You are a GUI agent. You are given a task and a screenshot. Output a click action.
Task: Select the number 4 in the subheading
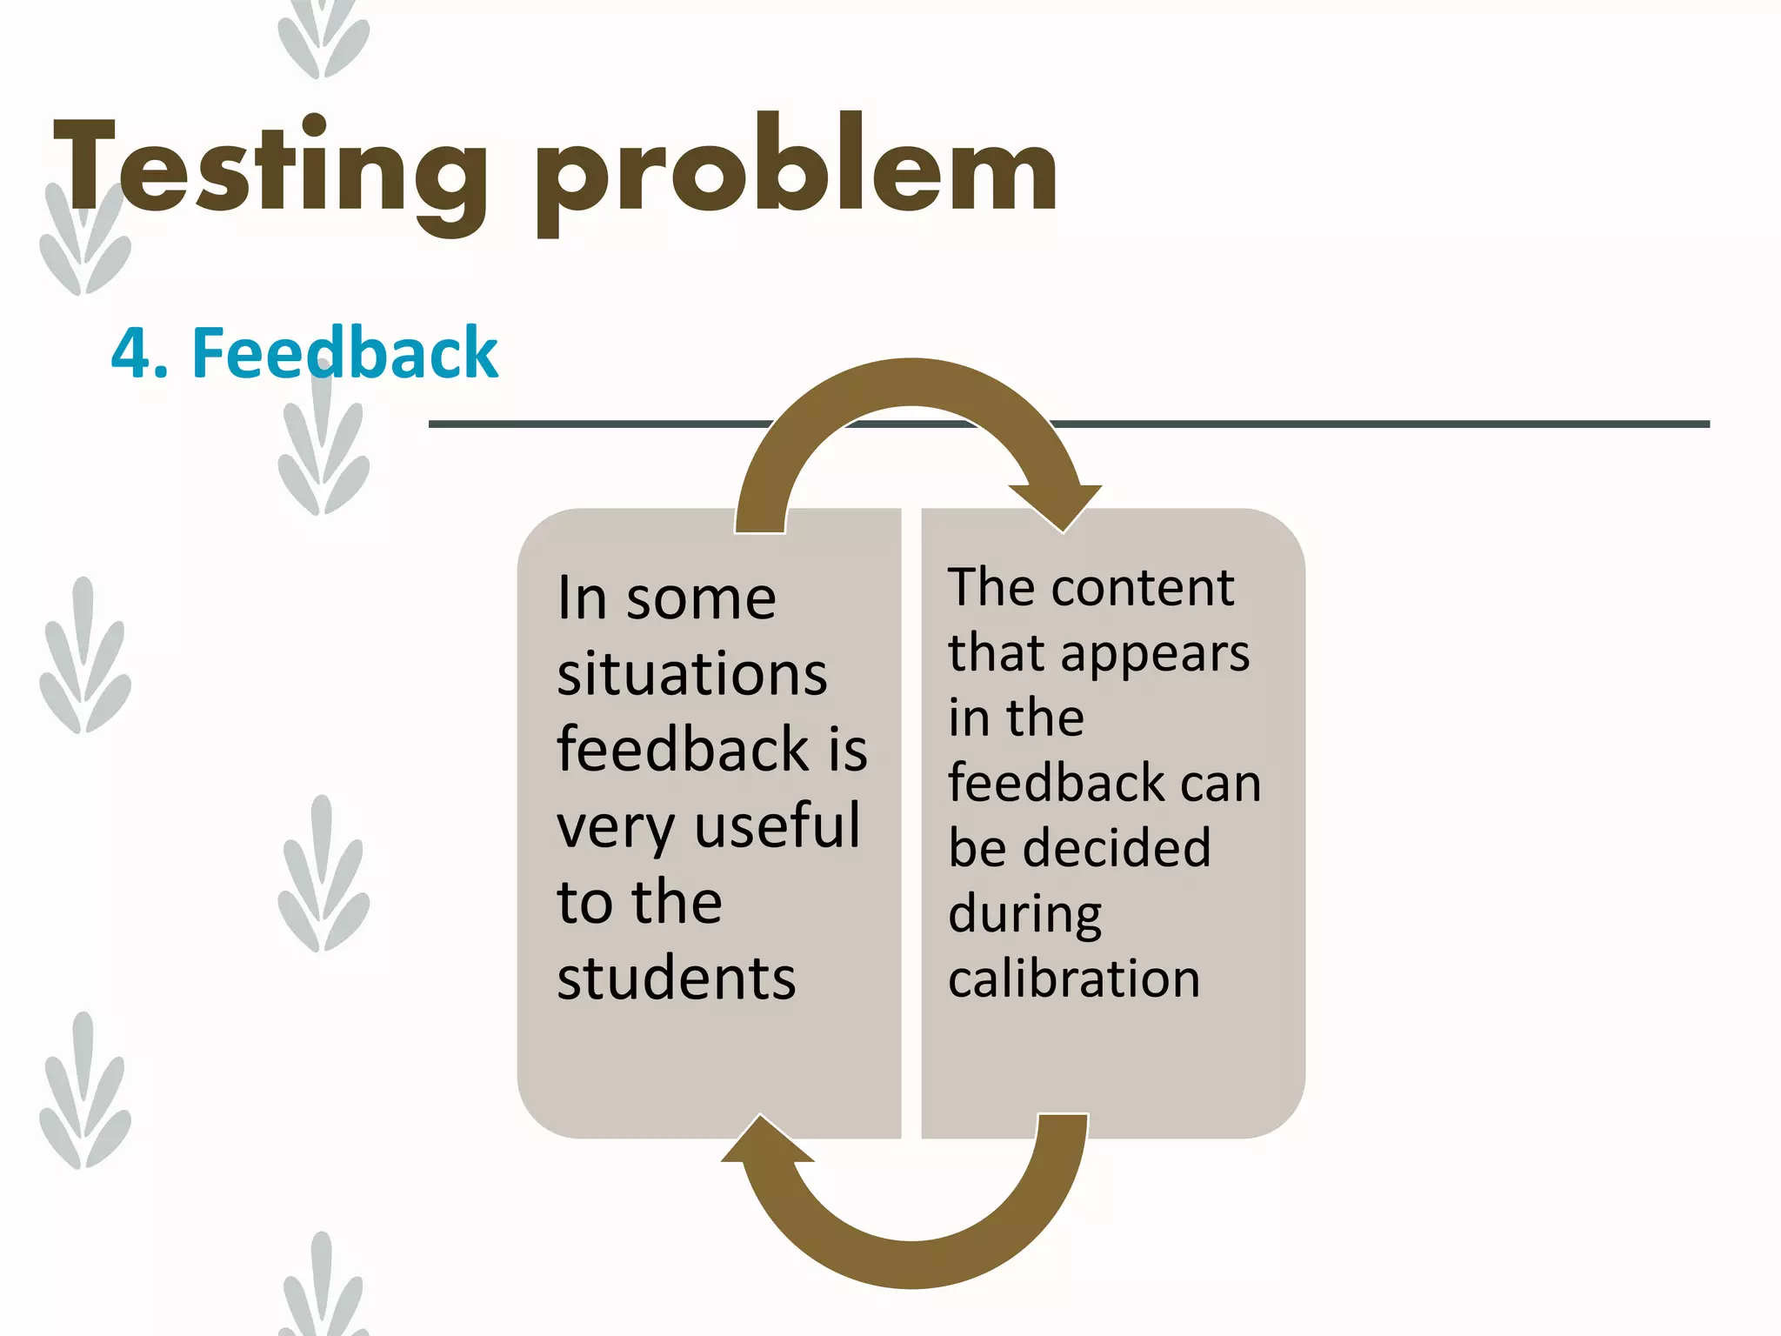click(131, 353)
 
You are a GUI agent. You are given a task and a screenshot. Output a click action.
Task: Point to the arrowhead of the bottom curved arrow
click(765, 1139)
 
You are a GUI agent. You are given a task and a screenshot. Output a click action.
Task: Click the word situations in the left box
click(692, 675)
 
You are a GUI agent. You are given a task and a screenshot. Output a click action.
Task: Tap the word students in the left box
click(676, 979)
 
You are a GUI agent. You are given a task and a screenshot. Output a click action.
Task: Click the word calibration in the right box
click(1074, 979)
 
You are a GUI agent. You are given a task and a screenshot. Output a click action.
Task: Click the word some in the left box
click(701, 598)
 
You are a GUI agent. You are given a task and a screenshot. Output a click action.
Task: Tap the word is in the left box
click(847, 750)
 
